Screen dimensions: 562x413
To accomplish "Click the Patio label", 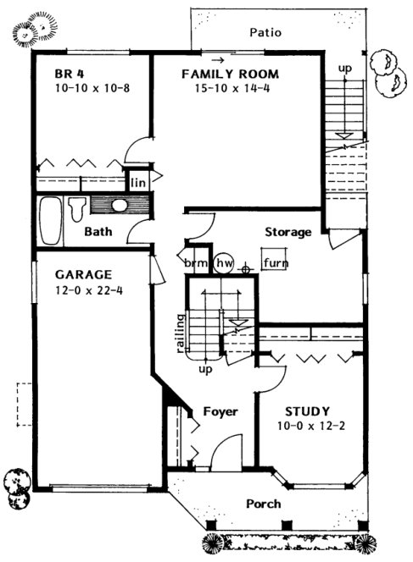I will click(x=265, y=33).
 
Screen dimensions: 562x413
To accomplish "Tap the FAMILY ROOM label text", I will click(x=230, y=74).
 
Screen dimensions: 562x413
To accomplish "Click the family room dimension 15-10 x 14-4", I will click(x=230, y=88).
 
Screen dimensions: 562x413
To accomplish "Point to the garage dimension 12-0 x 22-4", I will click(x=83, y=292).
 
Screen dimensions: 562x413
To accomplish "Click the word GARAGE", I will click(x=83, y=275).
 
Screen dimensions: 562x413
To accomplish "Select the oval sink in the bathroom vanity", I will click(x=119, y=206).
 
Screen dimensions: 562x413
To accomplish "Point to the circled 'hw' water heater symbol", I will click(x=224, y=263).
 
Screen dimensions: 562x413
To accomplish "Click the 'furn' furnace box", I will click(x=274, y=263).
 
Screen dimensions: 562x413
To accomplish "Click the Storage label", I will click(x=287, y=232).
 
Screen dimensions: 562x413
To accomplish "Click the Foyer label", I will click(x=220, y=412).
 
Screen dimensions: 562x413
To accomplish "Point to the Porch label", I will click(x=263, y=504).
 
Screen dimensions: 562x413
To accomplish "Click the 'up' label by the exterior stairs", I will click(x=345, y=67).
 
